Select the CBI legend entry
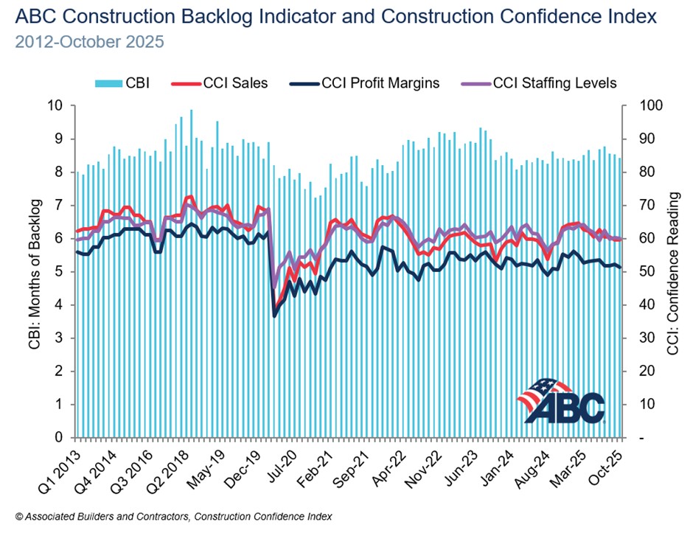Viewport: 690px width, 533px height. [x=126, y=83]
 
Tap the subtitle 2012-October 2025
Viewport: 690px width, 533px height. [x=89, y=41]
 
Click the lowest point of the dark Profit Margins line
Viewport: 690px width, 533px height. [x=275, y=316]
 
